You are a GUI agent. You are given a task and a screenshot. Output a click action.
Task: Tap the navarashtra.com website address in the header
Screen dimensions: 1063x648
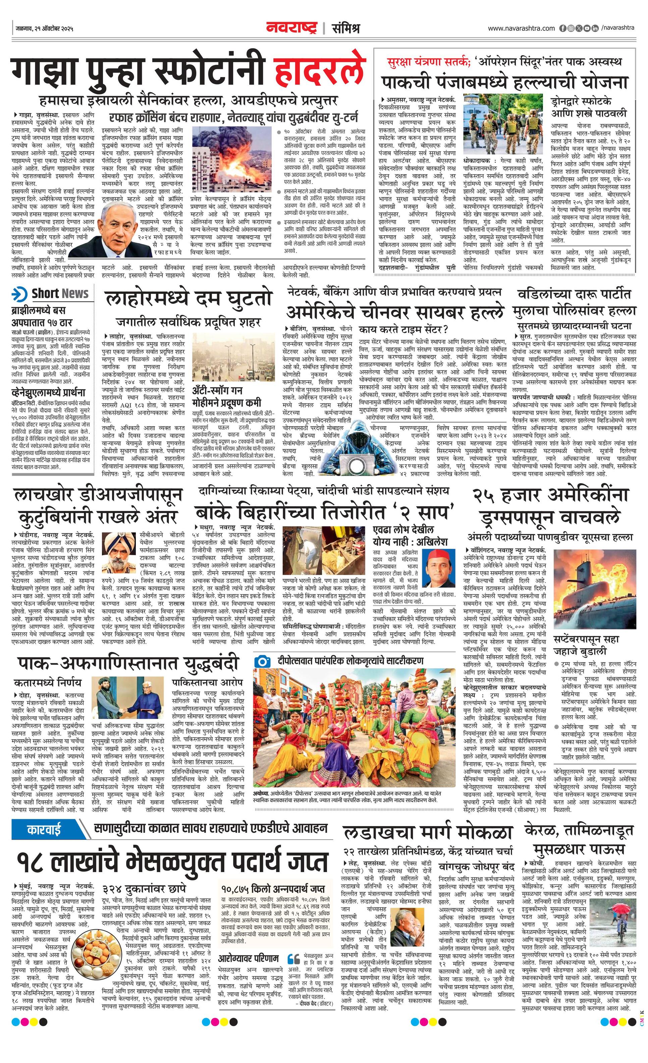tap(521, 28)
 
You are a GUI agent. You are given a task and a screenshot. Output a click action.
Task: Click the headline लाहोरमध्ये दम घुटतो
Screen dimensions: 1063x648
tap(188, 299)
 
